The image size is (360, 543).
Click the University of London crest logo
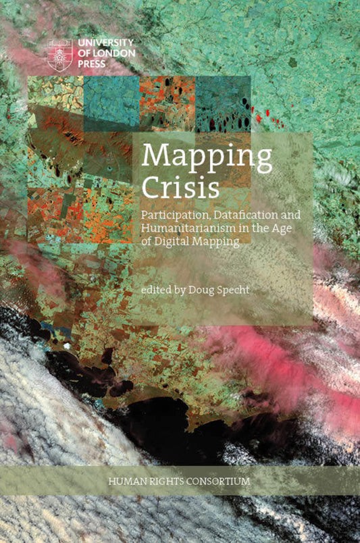59,55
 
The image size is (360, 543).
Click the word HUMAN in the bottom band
128,482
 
